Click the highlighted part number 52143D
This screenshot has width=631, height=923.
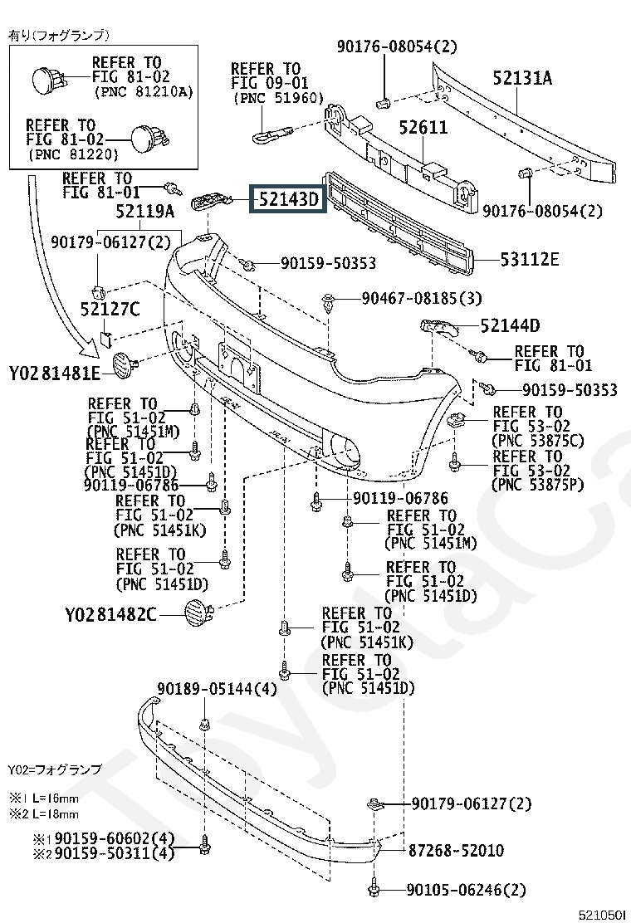tap(288, 199)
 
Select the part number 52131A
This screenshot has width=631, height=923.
tap(522, 78)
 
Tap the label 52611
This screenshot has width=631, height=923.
tap(423, 127)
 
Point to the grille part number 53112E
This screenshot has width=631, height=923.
tap(530, 259)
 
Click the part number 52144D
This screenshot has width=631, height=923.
tap(510, 325)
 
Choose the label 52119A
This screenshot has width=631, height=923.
tap(144, 212)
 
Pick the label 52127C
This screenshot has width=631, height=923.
tap(110, 309)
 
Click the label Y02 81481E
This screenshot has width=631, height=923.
tap(55, 374)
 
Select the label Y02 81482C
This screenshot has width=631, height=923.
tap(110, 615)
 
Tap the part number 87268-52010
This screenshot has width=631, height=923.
tap(456, 850)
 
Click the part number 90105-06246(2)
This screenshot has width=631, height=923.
tap(466, 890)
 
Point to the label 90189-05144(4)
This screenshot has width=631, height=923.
tap(217, 689)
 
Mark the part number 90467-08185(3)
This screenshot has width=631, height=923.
tap(422, 299)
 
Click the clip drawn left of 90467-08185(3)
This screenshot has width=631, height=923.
tap(328, 303)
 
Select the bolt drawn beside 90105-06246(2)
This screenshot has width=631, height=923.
tap(374, 887)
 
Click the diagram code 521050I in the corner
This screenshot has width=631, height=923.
tap(601, 914)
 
